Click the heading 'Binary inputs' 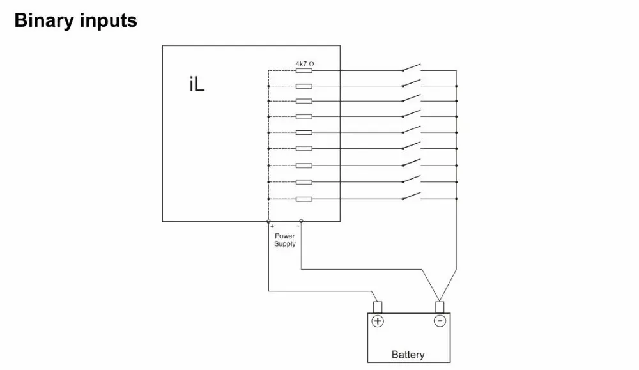point(75,20)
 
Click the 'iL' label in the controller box point(197,85)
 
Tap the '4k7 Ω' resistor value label point(304,64)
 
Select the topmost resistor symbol point(304,70)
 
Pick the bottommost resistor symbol point(304,199)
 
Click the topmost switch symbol point(412,67)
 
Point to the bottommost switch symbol point(412,196)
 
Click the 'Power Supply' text point(285,240)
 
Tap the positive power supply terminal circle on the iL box point(269,222)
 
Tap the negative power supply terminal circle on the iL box point(301,222)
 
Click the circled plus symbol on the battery point(378,321)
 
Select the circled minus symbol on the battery point(440,321)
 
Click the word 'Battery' point(408,355)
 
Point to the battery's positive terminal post point(378,307)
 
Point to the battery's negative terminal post point(439,307)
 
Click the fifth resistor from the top point(304,132)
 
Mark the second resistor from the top point(304,86)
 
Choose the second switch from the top point(412,82)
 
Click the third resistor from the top point(304,101)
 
